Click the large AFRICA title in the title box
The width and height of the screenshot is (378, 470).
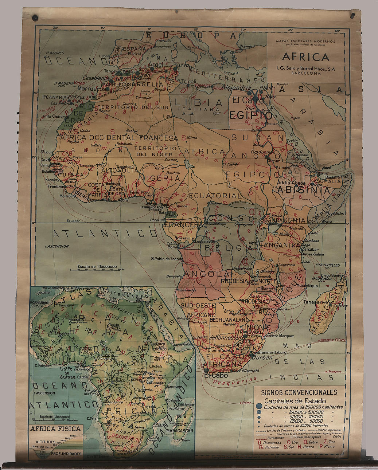point(305,57)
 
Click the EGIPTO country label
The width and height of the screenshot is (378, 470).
point(250,115)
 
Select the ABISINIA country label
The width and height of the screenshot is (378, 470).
point(304,190)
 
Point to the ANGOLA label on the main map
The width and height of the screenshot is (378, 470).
point(202,274)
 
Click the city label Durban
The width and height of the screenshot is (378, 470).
point(262,357)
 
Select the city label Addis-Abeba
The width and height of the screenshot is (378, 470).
point(291,183)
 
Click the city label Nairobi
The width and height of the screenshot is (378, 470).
point(296,228)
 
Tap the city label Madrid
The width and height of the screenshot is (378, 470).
point(134,54)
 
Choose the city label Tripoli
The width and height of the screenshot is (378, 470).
point(188,81)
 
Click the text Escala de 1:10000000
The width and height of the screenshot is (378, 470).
point(97,267)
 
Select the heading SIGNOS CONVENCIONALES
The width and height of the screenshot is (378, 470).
point(299,392)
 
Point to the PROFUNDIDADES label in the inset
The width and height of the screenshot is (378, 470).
point(66,454)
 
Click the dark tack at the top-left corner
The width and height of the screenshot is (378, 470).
point(35,17)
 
